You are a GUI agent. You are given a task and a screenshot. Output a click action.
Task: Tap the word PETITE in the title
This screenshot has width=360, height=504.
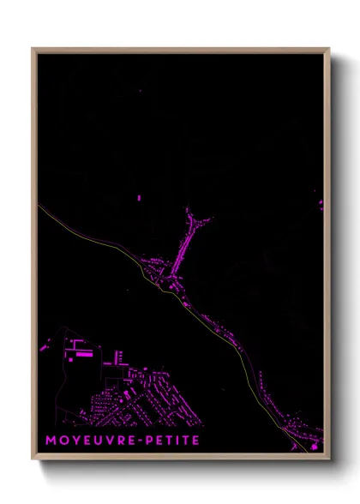click(172, 441)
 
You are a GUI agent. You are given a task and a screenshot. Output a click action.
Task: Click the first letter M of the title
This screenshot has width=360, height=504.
click(44, 441)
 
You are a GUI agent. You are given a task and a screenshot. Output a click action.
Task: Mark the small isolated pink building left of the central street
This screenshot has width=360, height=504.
click(139, 198)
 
